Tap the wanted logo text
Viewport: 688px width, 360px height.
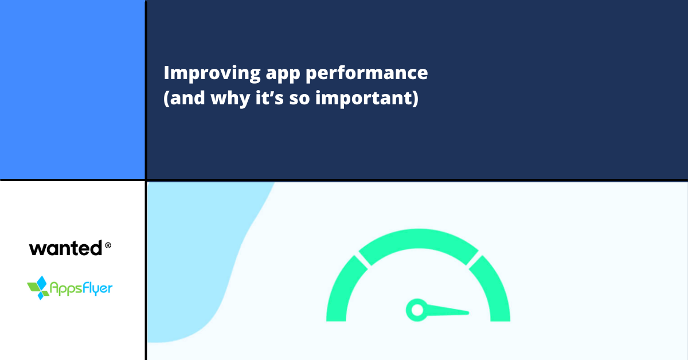pos(65,249)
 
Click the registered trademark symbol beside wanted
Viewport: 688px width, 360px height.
pos(108,245)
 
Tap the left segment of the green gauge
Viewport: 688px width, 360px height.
pos(341,289)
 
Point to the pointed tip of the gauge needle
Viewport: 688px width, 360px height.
pos(467,313)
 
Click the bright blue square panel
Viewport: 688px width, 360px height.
pos(72,89)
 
